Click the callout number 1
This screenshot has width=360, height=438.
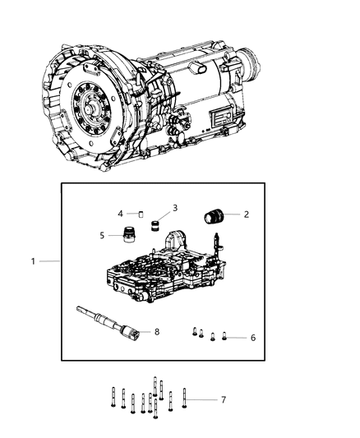[x=34, y=261]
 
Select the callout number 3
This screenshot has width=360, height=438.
[x=174, y=207]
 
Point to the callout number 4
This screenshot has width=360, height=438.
[x=120, y=213]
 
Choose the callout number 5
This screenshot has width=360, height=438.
[x=102, y=235]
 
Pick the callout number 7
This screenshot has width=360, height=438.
[x=223, y=399]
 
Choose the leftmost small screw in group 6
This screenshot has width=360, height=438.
[x=194, y=332]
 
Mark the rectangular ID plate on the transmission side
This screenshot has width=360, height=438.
[x=222, y=119]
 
